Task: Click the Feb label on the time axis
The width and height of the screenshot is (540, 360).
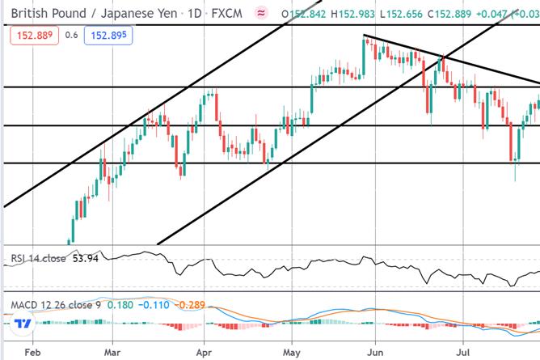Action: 32,353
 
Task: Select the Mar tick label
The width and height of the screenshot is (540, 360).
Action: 112,353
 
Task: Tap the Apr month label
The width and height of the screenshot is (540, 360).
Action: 204,353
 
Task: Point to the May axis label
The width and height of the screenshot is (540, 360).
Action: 292,353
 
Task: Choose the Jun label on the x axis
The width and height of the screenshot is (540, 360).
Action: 375,353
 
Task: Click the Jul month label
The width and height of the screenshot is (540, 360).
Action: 463,353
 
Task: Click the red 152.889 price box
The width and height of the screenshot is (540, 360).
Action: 35,35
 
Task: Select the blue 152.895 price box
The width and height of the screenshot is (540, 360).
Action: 108,35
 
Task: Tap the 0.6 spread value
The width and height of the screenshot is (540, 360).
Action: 71,35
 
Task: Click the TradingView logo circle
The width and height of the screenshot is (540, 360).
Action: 23,324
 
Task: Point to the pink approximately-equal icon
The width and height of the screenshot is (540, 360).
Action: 261,14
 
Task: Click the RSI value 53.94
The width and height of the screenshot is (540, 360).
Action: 86,258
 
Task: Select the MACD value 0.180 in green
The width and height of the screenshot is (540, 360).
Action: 120,305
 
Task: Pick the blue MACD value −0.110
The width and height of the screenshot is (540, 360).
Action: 154,305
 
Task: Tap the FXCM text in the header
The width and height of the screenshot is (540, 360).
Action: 226,14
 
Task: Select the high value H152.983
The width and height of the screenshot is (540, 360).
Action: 352,14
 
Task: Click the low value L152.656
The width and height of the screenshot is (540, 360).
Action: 401,14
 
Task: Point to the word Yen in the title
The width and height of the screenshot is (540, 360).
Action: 167,14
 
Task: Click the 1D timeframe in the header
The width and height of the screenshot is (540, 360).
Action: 195,14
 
